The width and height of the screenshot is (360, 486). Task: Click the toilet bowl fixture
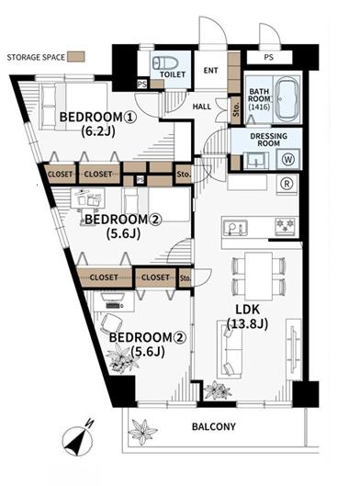click(x=165, y=62)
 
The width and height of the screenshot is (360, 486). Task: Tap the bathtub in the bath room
click(x=287, y=99)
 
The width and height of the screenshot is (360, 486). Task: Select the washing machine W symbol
click(x=288, y=159)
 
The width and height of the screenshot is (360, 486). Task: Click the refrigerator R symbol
click(x=287, y=184)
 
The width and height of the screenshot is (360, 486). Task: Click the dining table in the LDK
click(x=258, y=276)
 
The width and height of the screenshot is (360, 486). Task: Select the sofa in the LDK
click(x=230, y=349)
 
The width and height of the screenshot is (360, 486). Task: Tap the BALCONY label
click(x=214, y=426)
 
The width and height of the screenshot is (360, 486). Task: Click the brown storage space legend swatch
click(x=76, y=57)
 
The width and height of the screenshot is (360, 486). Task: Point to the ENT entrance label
click(x=210, y=71)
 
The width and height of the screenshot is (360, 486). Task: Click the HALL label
click(x=202, y=107)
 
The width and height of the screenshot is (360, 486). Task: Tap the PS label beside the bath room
click(x=269, y=57)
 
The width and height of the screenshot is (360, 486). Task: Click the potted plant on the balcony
click(x=143, y=431)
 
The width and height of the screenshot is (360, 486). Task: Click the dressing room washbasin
click(x=255, y=161)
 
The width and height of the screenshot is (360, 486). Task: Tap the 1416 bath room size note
click(x=259, y=107)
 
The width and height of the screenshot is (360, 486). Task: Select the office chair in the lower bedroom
click(x=111, y=323)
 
